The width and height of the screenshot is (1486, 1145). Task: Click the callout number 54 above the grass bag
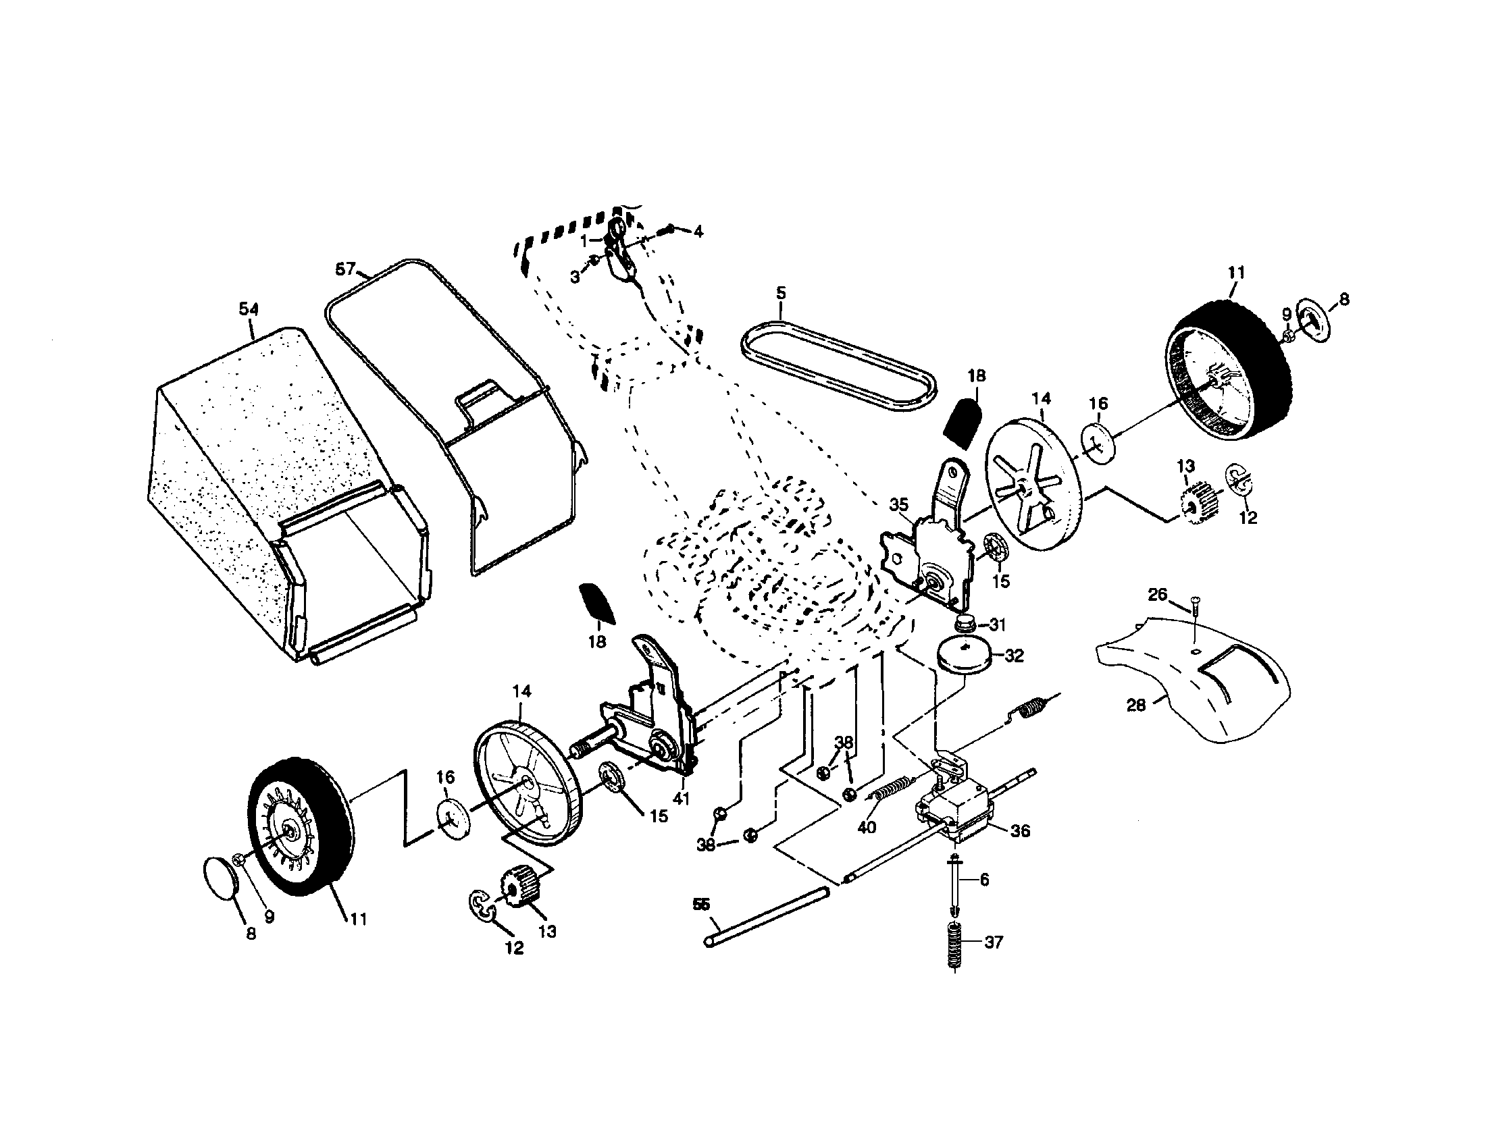pyautogui.click(x=249, y=309)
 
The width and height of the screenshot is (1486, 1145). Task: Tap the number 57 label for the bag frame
pyautogui.click(x=346, y=269)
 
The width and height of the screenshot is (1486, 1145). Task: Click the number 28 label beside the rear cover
pyautogui.click(x=1135, y=705)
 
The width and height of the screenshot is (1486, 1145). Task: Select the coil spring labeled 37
pyautogui.click(x=956, y=945)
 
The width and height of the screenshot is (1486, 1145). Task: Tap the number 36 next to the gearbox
pyautogui.click(x=1020, y=831)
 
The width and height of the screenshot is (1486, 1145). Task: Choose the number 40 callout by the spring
pyautogui.click(x=866, y=827)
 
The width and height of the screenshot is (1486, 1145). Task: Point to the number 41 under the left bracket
pyautogui.click(x=680, y=799)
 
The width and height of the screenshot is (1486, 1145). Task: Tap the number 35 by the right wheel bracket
pyautogui.click(x=899, y=505)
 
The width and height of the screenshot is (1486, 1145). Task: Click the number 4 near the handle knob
pyautogui.click(x=698, y=232)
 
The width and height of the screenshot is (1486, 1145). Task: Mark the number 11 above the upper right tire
pyautogui.click(x=1236, y=273)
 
